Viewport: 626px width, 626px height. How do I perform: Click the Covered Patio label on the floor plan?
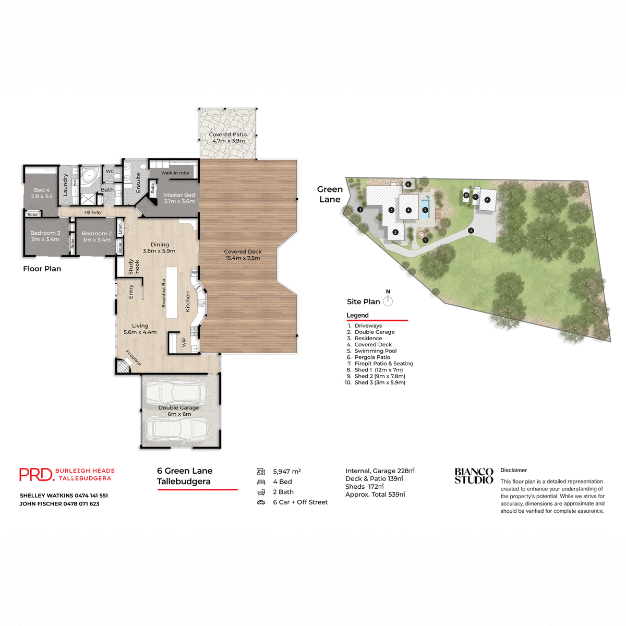[x=228, y=138]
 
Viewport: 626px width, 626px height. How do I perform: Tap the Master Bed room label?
[x=179, y=198]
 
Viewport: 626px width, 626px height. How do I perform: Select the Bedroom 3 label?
[x=45, y=236]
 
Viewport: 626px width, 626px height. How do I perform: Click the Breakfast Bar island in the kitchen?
[x=171, y=293]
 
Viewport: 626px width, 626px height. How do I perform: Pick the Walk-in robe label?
[x=175, y=173]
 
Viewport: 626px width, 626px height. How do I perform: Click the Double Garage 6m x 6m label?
[x=179, y=411]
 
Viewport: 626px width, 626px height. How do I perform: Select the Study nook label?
[x=134, y=267]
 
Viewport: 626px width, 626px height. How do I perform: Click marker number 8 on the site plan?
[x=487, y=200]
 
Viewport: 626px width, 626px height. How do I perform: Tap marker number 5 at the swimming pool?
[x=425, y=210]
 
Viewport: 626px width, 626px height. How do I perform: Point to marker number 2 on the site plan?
[x=395, y=232]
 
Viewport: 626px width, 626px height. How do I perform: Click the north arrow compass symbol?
[x=388, y=300]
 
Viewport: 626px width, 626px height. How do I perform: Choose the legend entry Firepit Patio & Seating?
[x=383, y=364]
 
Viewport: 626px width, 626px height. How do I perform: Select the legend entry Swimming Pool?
[x=375, y=351]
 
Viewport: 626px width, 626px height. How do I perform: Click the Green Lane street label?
[x=330, y=194]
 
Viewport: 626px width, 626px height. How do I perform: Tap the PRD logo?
[x=37, y=474]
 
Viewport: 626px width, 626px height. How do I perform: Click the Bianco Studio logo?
[x=474, y=476]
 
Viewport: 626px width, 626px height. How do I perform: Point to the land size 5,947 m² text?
[x=286, y=472]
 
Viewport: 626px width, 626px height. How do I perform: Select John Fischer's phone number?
[x=81, y=504]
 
